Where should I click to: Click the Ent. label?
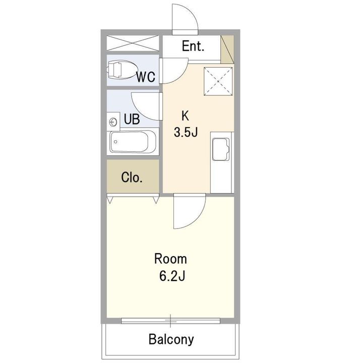(193, 46)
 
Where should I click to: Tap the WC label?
(146, 77)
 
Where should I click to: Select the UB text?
(132, 119)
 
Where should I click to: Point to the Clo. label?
(132, 177)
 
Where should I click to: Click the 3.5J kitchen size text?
(186, 133)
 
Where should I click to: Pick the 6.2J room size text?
(172, 276)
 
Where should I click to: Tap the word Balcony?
(171, 339)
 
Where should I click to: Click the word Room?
(170, 259)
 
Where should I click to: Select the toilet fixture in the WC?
(122, 70)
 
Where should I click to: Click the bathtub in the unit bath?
(133, 142)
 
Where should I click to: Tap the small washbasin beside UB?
(113, 122)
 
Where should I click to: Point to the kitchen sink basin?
(221, 149)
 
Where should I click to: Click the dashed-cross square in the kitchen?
(218, 81)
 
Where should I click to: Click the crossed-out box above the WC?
(133, 43)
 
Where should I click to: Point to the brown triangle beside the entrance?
(227, 49)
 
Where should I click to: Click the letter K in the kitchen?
(185, 116)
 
